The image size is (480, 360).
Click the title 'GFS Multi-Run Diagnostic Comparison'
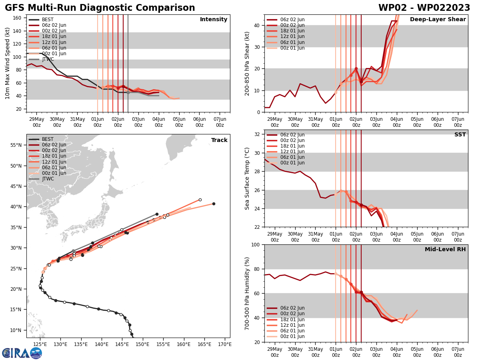click(x=100, y=8)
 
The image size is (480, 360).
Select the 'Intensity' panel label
click(x=214, y=20)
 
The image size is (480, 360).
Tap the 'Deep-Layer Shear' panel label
click(x=438, y=20)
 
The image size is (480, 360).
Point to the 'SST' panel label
click(x=460, y=135)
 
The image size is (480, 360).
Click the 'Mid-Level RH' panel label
click(x=445, y=250)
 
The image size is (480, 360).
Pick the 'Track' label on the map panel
click(x=219, y=140)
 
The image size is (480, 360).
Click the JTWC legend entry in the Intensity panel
click(x=48, y=59)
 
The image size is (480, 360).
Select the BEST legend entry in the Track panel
click(x=48, y=139)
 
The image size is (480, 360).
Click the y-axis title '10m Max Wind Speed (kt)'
click(x=8, y=63)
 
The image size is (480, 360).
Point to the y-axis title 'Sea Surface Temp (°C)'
click(x=247, y=178)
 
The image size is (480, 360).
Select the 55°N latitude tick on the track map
click(x=18, y=145)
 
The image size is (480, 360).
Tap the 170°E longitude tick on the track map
click(x=224, y=344)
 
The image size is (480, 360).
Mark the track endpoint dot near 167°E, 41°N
click(x=214, y=204)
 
